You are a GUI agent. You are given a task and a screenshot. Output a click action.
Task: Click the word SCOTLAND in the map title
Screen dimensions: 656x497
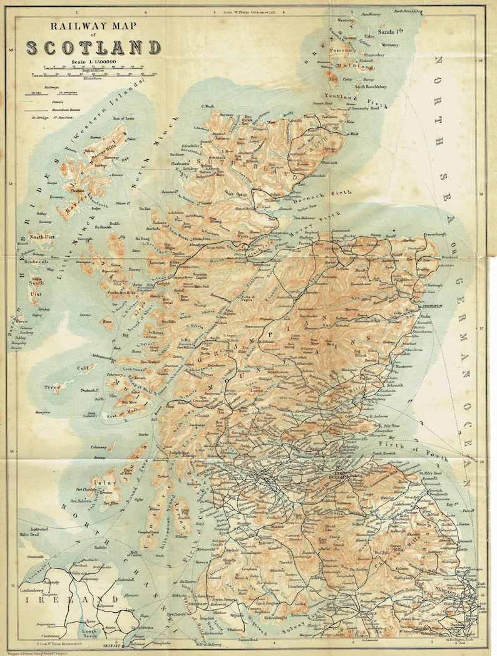click(x=93, y=48)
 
